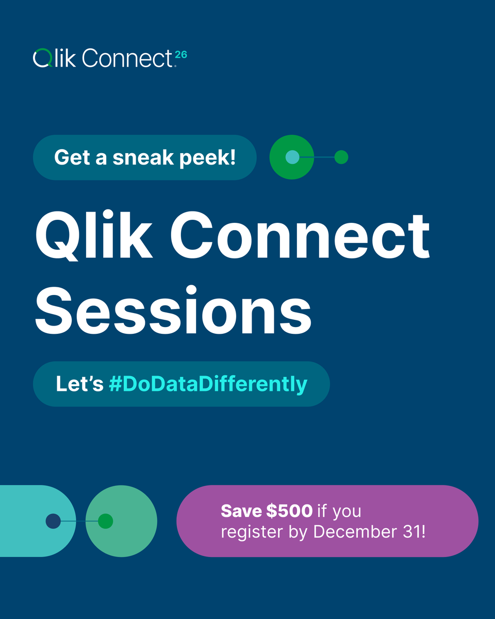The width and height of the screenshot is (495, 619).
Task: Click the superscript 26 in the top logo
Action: [180, 53]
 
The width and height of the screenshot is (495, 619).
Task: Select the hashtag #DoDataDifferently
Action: [208, 384]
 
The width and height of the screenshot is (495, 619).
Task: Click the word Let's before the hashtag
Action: [79, 384]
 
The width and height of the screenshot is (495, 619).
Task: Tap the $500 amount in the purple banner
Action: [289, 511]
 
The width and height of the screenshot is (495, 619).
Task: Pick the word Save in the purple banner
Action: [241, 511]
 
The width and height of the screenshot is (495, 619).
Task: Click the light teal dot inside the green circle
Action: [292, 157]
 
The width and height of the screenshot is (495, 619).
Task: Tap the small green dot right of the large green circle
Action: [341, 157]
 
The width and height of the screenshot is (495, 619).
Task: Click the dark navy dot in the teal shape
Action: [53, 521]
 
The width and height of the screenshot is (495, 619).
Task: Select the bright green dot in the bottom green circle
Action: [105, 521]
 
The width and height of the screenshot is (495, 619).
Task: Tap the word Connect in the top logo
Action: [126, 58]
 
